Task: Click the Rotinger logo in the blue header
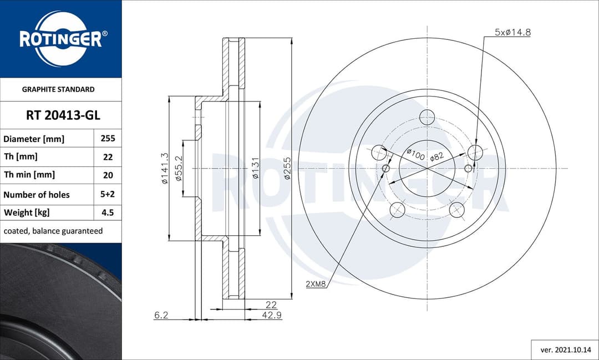pos(60,39)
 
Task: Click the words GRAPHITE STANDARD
pos(58,89)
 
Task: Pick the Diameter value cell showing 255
pos(108,139)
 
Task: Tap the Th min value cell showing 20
pos(108,175)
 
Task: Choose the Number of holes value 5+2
pos(108,194)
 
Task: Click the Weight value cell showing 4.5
pos(108,212)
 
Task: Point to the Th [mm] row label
pos(21,157)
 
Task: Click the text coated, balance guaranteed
pos(53,231)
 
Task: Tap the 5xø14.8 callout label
pos(512,32)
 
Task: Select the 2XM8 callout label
pos(316,284)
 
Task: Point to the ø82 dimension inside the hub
pos(438,156)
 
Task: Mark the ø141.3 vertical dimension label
pos(165,169)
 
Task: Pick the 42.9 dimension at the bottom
pos(268,315)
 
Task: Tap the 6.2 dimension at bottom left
pos(161,315)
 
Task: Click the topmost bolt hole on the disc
pos(427,117)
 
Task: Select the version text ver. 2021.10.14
pos(565,350)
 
